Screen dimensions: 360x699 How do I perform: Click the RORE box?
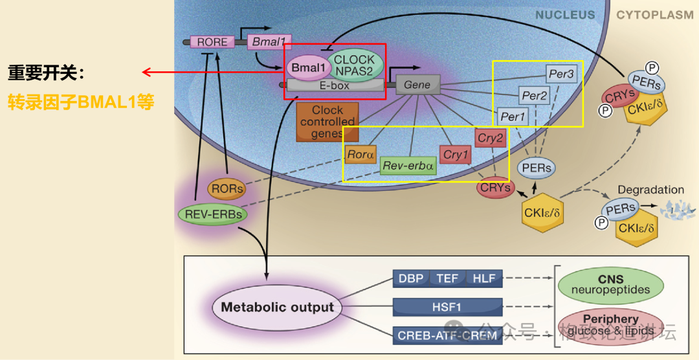[x=212, y=42]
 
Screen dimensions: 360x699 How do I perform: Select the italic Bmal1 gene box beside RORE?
[x=269, y=42]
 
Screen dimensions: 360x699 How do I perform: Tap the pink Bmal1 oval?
[x=308, y=67]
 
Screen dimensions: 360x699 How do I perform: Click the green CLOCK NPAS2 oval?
[x=355, y=65]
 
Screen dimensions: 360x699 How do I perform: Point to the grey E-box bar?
[x=335, y=84]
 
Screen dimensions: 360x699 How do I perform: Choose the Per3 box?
[x=560, y=74]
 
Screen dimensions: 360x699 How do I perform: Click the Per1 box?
[x=513, y=117]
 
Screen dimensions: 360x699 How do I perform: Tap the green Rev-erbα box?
[x=408, y=166]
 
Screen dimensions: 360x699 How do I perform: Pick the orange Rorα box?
[x=361, y=155]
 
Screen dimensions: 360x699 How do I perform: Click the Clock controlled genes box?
[x=327, y=122]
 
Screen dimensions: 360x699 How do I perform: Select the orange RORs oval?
[x=227, y=189]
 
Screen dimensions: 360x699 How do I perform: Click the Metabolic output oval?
[x=278, y=307]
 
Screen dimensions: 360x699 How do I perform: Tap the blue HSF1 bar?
[x=448, y=307]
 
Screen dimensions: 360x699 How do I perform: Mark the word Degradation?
[x=650, y=190]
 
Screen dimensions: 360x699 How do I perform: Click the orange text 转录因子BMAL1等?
[x=81, y=102]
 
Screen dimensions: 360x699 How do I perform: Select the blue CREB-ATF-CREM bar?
[x=448, y=335]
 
